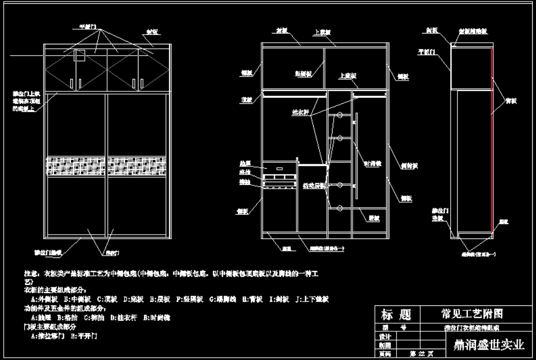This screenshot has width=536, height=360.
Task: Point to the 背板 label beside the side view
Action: point(509,101)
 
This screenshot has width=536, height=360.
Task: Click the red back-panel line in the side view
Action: point(492,141)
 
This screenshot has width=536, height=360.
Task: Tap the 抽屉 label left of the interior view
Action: point(245,162)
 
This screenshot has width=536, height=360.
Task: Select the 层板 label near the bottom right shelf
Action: point(373,218)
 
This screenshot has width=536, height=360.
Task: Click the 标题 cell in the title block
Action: point(396,315)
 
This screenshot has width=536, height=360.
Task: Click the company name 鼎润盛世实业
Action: point(485,344)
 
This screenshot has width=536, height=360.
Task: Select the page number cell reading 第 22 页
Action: point(421,354)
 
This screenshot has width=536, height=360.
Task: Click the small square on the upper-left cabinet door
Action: point(80,55)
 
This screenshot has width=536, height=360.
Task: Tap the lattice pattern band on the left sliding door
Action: point(76,165)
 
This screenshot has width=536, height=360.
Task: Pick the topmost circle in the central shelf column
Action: point(340,116)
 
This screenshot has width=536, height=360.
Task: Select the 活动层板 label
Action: point(314,185)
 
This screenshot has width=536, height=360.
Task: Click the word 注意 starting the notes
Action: point(30,275)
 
